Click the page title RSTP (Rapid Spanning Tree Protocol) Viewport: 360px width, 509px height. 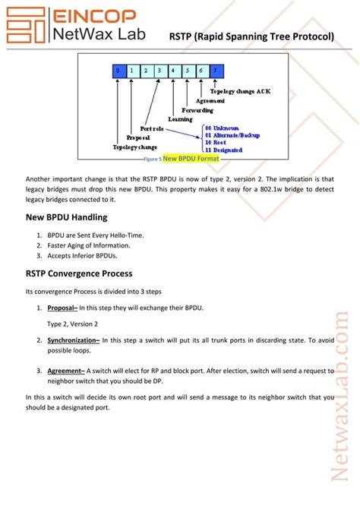tap(251, 36)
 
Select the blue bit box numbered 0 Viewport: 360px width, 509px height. tap(118, 71)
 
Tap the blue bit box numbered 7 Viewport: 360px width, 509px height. tap(216, 71)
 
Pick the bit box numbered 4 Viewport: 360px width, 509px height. tap(173, 71)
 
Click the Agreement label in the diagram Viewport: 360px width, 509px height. tap(210, 100)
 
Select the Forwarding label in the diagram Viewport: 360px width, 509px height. tap(196, 109)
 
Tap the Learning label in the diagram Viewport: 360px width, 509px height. tap(180, 119)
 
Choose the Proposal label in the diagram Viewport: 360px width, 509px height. tap(137, 138)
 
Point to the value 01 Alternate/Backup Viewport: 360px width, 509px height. tap(233, 135)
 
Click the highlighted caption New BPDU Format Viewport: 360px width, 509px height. tap(191, 159)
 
